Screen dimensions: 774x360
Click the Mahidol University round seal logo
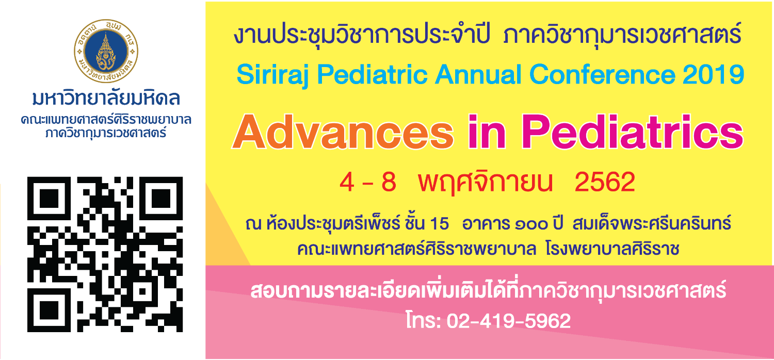pyautogui.click(x=106, y=51)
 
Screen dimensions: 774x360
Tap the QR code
pyautogui.click(x=105, y=254)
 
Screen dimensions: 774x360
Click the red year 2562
pyautogui.click(x=605, y=182)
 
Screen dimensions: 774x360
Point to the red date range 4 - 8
pyautogui.click(x=367, y=183)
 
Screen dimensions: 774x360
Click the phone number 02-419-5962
pyautogui.click(x=509, y=321)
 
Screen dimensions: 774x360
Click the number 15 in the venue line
pyautogui.click(x=439, y=223)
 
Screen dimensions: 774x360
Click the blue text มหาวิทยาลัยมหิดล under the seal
pyautogui.click(x=106, y=98)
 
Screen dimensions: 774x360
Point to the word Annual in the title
pyautogui.click(x=478, y=75)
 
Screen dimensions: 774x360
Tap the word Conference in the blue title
pyautogui.click(x=602, y=75)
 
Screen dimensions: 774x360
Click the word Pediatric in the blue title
pyautogui.click(x=372, y=75)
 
